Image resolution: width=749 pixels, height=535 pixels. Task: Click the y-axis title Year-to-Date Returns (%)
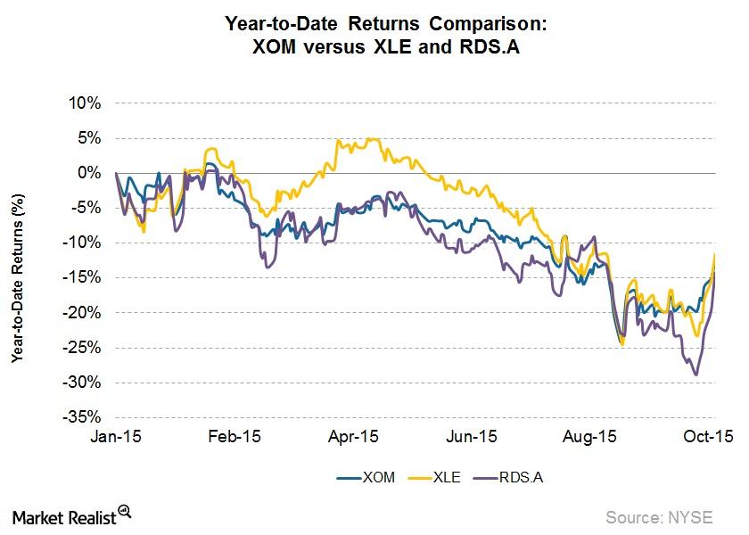[x=17, y=267]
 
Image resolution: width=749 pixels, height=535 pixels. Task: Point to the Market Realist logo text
[x=63, y=516]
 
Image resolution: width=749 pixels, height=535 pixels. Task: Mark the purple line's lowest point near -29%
[x=695, y=375]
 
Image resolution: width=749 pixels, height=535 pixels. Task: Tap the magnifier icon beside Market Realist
[x=125, y=512]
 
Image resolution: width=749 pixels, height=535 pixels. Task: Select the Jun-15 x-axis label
[x=472, y=437]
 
